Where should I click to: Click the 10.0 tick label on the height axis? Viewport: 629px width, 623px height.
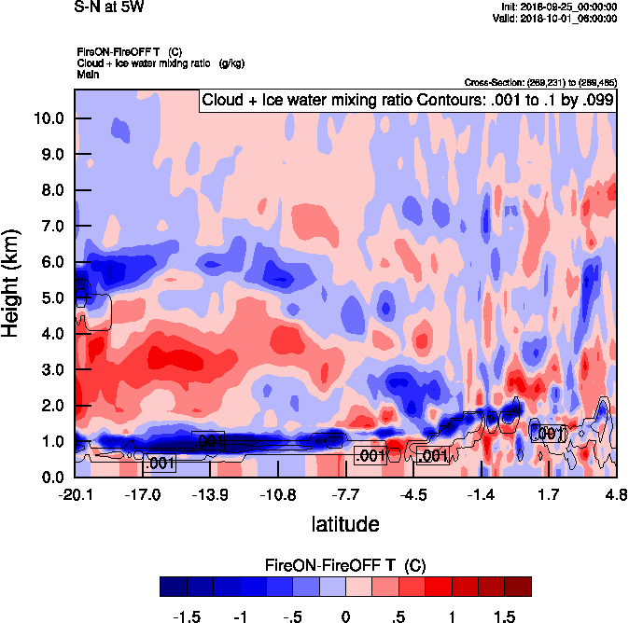49,118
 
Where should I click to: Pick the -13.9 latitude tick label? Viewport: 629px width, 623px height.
210,495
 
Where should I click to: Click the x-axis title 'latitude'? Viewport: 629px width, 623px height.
345,523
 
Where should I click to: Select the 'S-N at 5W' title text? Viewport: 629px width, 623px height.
108,7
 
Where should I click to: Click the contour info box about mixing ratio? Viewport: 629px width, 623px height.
407,100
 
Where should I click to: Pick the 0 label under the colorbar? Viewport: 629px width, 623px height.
345,616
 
